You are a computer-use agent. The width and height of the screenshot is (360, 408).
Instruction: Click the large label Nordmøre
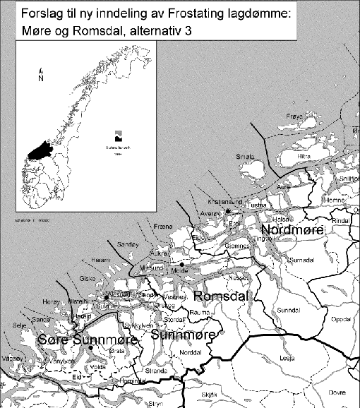click(292, 230)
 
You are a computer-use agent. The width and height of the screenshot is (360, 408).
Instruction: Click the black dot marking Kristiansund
click(229, 210)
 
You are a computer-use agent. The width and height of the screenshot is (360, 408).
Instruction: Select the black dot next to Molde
click(181, 264)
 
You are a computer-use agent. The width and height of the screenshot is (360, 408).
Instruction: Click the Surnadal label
click(302, 261)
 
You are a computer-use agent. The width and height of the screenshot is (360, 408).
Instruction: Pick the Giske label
click(87, 278)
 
